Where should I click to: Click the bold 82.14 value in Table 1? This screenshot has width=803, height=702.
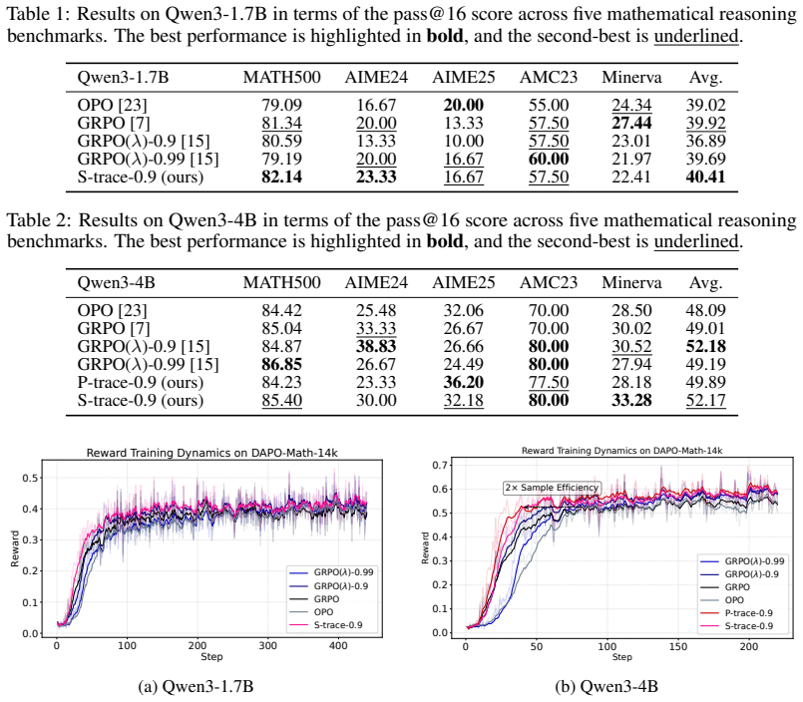(281, 177)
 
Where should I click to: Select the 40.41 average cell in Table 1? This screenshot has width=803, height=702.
(705, 177)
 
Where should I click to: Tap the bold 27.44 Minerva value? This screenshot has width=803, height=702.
(631, 123)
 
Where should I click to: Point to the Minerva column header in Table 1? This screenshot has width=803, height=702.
(631, 78)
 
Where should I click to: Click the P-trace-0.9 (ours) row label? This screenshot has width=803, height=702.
(141, 383)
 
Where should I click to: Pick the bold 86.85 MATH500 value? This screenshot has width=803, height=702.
(281, 364)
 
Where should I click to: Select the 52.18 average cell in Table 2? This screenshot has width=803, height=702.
(705, 346)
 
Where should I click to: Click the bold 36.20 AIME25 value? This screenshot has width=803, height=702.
(464, 383)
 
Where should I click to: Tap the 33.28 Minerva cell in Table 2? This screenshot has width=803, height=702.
(631, 401)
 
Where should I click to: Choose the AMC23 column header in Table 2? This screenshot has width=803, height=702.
(549, 282)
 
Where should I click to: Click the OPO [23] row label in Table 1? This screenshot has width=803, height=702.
(112, 105)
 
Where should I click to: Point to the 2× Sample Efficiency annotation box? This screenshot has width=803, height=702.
(552, 488)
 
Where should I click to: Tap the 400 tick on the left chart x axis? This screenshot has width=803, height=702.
(338, 646)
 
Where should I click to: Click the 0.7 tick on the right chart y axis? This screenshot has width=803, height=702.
(440, 465)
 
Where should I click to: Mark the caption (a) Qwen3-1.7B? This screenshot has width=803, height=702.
(197, 686)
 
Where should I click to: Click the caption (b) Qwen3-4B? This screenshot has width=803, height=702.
(606, 686)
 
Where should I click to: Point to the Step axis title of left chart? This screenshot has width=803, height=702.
(211, 656)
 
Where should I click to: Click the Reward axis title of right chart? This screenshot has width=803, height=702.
(425, 547)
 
